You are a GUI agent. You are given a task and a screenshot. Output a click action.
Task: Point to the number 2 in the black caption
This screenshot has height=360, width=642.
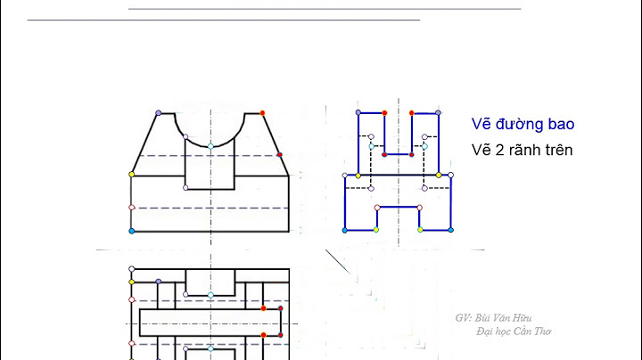[497, 150]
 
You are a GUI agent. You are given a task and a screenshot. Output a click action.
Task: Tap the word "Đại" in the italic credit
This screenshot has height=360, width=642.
[486, 331]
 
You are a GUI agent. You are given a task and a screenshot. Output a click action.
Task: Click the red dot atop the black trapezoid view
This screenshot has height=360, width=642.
[262, 113]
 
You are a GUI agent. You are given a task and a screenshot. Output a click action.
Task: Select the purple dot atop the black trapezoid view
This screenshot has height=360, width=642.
[159, 113]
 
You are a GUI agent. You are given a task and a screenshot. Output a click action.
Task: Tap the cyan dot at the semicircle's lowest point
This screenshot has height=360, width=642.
[210, 145]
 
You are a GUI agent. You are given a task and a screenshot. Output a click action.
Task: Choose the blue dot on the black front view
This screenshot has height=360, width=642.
[132, 232]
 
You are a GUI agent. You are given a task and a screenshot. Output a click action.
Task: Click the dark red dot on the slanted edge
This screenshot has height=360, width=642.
[280, 155]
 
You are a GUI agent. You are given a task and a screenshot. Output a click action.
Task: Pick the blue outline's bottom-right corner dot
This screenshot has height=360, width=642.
[451, 231]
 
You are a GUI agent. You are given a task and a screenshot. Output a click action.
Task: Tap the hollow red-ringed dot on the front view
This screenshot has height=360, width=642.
[132, 208]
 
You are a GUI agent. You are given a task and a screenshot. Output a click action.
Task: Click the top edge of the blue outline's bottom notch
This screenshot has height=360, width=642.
[398, 207]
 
